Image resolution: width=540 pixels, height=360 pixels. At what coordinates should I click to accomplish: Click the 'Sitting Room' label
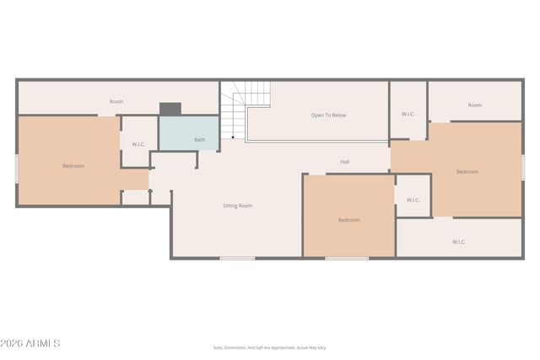(x=237, y=206)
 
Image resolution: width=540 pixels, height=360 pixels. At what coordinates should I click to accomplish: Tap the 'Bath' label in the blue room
(x=199, y=140)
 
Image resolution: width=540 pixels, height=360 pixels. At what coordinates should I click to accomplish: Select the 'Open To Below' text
(x=328, y=116)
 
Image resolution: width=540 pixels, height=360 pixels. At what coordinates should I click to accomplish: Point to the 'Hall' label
(x=344, y=162)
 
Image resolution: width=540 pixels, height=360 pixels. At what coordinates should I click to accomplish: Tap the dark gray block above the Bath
(x=170, y=109)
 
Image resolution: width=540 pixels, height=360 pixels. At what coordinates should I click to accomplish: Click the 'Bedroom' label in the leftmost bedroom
(x=73, y=166)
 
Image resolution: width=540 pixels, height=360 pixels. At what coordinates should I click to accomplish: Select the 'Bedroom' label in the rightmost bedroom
(x=467, y=172)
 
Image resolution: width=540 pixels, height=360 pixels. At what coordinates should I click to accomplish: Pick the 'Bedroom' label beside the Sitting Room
(x=348, y=220)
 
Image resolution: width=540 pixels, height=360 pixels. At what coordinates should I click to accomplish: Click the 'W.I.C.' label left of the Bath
(x=138, y=144)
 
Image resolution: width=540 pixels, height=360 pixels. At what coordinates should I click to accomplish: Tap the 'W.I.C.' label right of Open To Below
(x=408, y=114)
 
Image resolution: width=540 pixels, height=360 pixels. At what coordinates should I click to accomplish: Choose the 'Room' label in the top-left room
(x=116, y=102)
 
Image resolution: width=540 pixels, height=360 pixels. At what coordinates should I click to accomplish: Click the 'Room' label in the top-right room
(x=475, y=105)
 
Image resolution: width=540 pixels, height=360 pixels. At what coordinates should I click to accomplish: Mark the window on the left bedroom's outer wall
(x=17, y=168)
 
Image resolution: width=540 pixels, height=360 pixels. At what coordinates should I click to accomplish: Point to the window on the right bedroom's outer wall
(x=522, y=167)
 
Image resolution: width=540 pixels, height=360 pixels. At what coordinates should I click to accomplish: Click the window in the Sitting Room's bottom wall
(x=237, y=258)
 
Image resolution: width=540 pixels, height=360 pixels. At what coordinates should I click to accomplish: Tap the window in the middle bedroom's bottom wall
(x=347, y=258)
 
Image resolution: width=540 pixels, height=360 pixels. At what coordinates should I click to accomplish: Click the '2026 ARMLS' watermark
(x=31, y=343)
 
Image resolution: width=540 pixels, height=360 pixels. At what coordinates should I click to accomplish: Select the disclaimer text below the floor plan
(x=269, y=347)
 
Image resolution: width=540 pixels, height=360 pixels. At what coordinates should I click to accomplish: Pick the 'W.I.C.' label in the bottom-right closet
(x=458, y=242)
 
